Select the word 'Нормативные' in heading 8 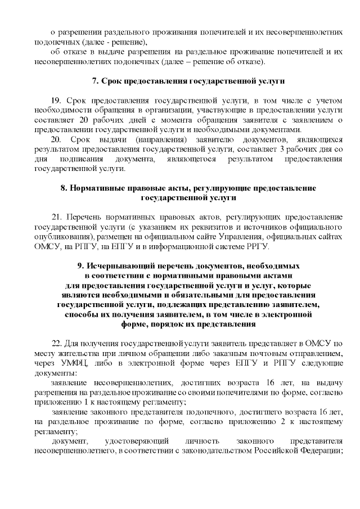[93, 188]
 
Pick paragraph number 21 [56, 217]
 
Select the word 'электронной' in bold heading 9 [287, 315]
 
